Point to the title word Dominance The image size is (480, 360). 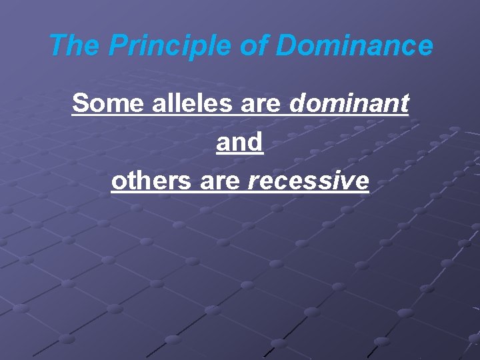pyautogui.click(x=355, y=46)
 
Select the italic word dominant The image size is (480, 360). pyautogui.click(x=349, y=103)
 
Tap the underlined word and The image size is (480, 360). pyautogui.click(x=240, y=142)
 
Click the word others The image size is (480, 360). pyautogui.click(x=151, y=181)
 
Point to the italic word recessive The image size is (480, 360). pyautogui.click(x=308, y=182)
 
